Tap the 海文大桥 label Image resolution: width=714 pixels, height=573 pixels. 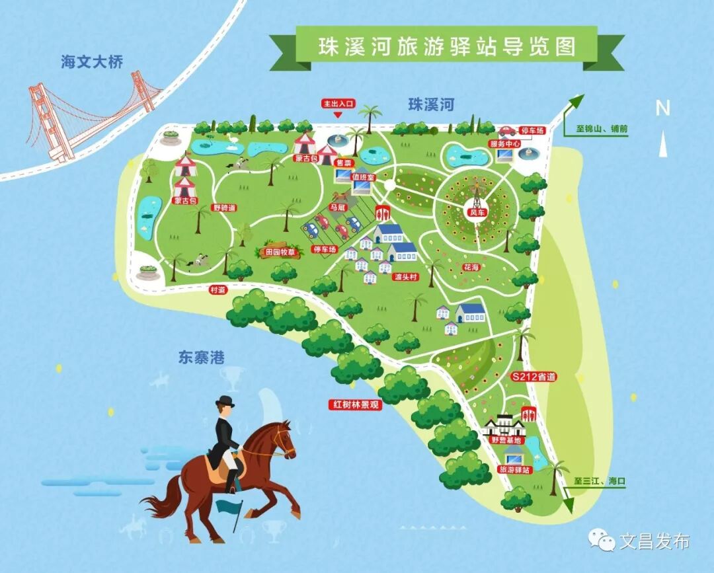pyautogui.click(x=92, y=62)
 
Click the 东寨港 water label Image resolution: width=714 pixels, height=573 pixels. pyautogui.click(x=201, y=358)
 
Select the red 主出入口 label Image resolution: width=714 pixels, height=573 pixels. pyautogui.click(x=338, y=104)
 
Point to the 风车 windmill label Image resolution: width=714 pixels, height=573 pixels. pyautogui.click(x=477, y=213)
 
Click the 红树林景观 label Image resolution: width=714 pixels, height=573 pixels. pyautogui.click(x=355, y=404)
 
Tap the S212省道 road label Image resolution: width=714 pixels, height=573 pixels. pyautogui.click(x=534, y=377)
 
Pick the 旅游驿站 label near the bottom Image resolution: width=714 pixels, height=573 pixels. pyautogui.click(x=514, y=469)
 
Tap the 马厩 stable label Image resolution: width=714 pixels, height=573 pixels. pyautogui.click(x=338, y=207)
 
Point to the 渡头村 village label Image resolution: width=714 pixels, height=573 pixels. pyautogui.click(x=401, y=276)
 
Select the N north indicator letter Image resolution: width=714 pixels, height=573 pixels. pyautogui.click(x=662, y=108)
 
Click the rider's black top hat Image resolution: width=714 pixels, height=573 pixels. pyautogui.click(x=225, y=401)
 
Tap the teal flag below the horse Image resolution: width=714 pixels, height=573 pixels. pyautogui.click(x=229, y=507)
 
